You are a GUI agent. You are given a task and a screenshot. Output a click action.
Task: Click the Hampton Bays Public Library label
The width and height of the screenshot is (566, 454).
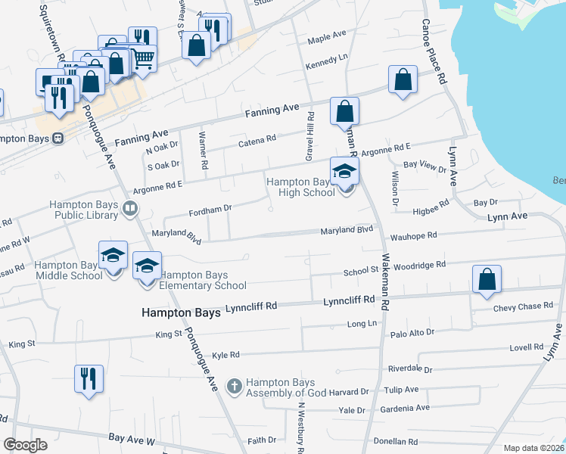click(83, 210)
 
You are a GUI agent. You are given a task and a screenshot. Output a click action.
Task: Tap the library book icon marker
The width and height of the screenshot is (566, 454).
click(131, 208)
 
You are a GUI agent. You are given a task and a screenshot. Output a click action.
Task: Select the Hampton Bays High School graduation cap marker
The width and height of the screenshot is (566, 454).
click(344, 173)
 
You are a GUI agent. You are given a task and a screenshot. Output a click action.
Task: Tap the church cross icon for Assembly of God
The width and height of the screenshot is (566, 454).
click(235, 387)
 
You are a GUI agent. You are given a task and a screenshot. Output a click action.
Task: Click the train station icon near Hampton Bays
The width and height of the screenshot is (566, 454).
click(57, 138)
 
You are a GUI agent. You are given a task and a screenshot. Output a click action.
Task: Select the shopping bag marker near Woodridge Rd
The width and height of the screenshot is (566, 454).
click(487, 280)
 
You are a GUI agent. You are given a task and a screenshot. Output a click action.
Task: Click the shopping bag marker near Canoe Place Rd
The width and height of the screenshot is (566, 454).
click(403, 79)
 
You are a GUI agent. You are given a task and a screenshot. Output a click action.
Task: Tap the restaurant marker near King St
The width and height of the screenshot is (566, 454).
click(89, 378)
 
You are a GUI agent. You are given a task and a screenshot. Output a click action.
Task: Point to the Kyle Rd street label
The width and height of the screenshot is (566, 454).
click(225, 355)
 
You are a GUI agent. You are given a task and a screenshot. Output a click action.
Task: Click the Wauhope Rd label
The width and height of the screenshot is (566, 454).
click(416, 235)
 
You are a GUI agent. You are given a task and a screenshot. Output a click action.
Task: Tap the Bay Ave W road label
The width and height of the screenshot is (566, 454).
click(132, 438)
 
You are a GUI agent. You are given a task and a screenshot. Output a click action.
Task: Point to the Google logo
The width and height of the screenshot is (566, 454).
click(25, 445)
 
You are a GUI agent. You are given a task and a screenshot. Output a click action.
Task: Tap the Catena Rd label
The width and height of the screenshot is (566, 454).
click(257, 141)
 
